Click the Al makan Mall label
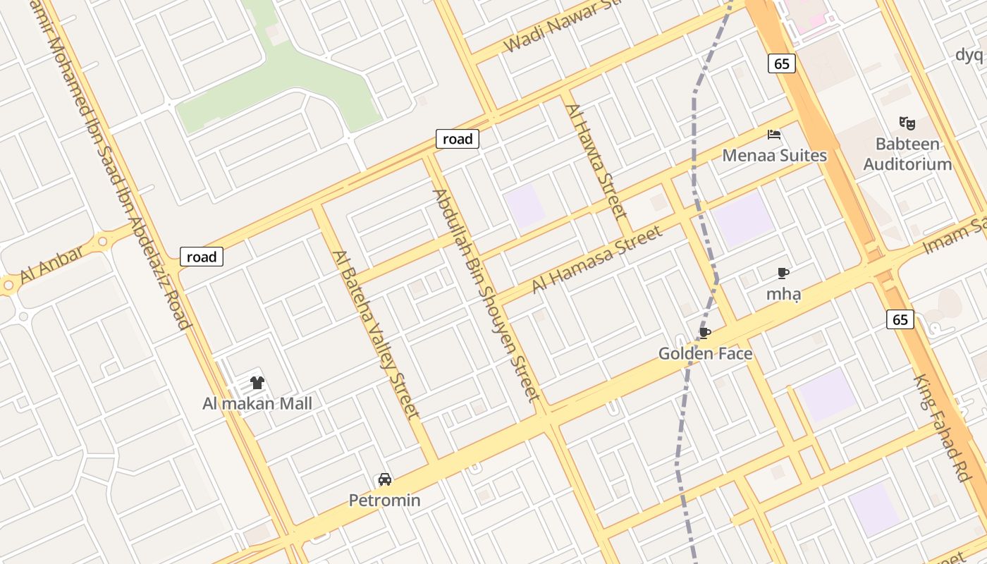(257, 403)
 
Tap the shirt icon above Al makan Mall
(257, 383)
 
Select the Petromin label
(385, 500)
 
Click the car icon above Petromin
(385, 479)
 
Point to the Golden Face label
(705, 353)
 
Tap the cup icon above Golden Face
(704, 333)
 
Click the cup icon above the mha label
(783, 273)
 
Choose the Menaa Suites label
(774, 155)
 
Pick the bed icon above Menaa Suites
(774, 134)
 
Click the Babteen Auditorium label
(907, 154)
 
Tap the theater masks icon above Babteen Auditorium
(907, 123)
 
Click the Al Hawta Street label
(596, 161)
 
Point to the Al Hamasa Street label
(597, 259)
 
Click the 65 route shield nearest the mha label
(900, 319)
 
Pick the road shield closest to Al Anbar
(202, 257)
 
